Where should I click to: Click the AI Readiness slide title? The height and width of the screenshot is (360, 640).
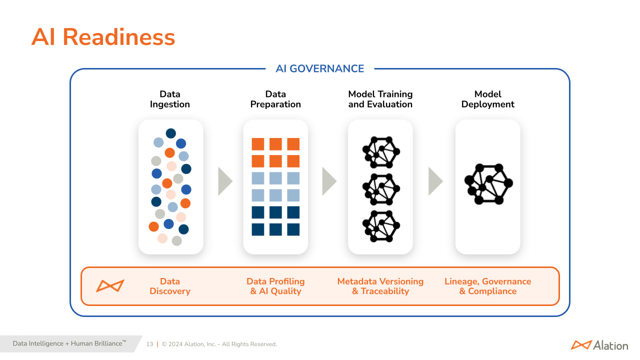point(103,37)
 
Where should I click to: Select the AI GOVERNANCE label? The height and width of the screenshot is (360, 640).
point(320,69)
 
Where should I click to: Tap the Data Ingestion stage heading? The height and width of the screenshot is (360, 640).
point(170,99)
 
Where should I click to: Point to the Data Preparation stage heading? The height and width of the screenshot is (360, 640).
point(275,99)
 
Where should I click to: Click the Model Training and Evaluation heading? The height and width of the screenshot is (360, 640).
point(380,99)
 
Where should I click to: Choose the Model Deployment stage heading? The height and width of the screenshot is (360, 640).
point(487,99)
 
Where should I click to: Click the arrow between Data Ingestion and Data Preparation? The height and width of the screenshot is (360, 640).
point(224,181)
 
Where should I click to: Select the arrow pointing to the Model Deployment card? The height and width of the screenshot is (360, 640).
point(435,181)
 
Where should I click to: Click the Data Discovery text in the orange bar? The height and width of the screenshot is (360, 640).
point(170,286)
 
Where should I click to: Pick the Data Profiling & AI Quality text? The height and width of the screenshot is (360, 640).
point(275,286)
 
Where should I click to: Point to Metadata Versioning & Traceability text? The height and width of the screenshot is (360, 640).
point(380,286)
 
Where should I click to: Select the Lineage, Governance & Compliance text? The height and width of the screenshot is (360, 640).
point(487,286)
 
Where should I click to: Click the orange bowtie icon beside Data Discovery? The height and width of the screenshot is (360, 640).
point(110,286)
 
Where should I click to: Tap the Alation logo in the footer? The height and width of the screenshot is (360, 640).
point(599,345)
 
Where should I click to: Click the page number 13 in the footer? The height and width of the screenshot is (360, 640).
point(149,344)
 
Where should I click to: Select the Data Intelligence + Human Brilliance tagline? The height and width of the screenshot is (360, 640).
point(69,343)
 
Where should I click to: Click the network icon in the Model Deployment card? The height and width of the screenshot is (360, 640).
point(488,184)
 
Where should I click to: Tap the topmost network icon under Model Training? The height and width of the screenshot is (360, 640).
point(380,151)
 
